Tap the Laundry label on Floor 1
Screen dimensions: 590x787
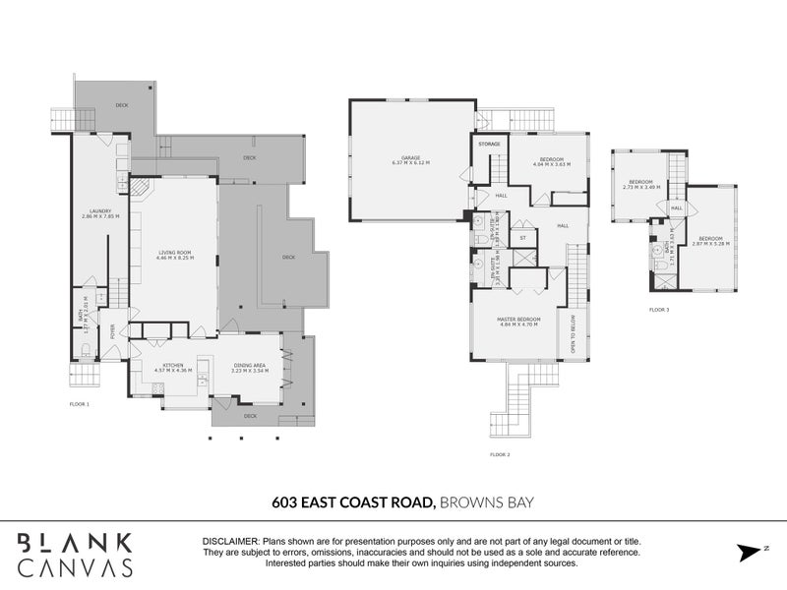(98, 212)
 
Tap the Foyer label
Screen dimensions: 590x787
(113, 331)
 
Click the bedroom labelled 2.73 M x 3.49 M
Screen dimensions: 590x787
(641, 184)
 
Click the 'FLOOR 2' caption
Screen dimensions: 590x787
(500, 454)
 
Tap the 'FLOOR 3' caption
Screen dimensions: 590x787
(658, 310)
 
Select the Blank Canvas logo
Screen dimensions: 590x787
(75, 554)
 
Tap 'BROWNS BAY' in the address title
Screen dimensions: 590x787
(477, 502)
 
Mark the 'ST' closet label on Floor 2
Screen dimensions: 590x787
(522, 237)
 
